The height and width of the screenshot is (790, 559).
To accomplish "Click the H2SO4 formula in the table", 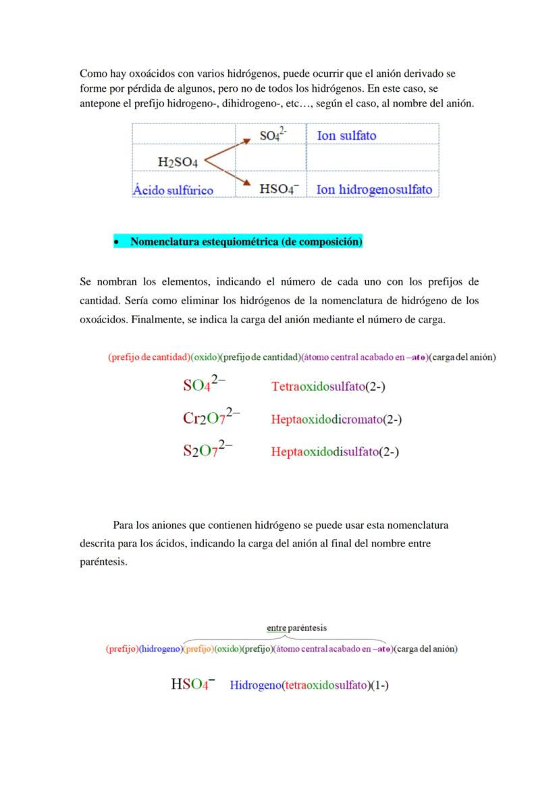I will (x=178, y=162).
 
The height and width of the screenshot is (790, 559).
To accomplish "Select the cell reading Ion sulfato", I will (x=346, y=136).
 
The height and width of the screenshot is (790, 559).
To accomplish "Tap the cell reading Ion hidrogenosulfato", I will (x=374, y=190).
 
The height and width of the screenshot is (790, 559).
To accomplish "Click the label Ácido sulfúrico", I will (x=173, y=190).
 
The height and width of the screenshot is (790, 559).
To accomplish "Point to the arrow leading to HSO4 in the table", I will (x=230, y=174).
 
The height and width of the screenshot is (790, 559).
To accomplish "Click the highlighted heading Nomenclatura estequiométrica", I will (x=246, y=242).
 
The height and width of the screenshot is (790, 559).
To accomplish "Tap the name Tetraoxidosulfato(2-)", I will (x=328, y=387).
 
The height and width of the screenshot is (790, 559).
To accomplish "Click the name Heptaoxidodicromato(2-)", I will (x=336, y=420).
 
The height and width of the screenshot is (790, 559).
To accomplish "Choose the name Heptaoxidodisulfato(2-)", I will (x=335, y=452).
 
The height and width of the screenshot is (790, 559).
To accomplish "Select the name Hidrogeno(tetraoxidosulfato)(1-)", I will (x=309, y=685).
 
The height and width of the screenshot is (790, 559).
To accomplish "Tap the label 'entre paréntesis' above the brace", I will (x=296, y=628).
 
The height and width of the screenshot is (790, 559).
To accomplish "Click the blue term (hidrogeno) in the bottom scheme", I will (x=160, y=649).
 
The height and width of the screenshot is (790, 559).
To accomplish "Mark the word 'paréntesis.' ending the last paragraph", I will (x=103, y=561).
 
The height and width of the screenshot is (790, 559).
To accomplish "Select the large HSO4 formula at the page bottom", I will (x=192, y=684).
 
